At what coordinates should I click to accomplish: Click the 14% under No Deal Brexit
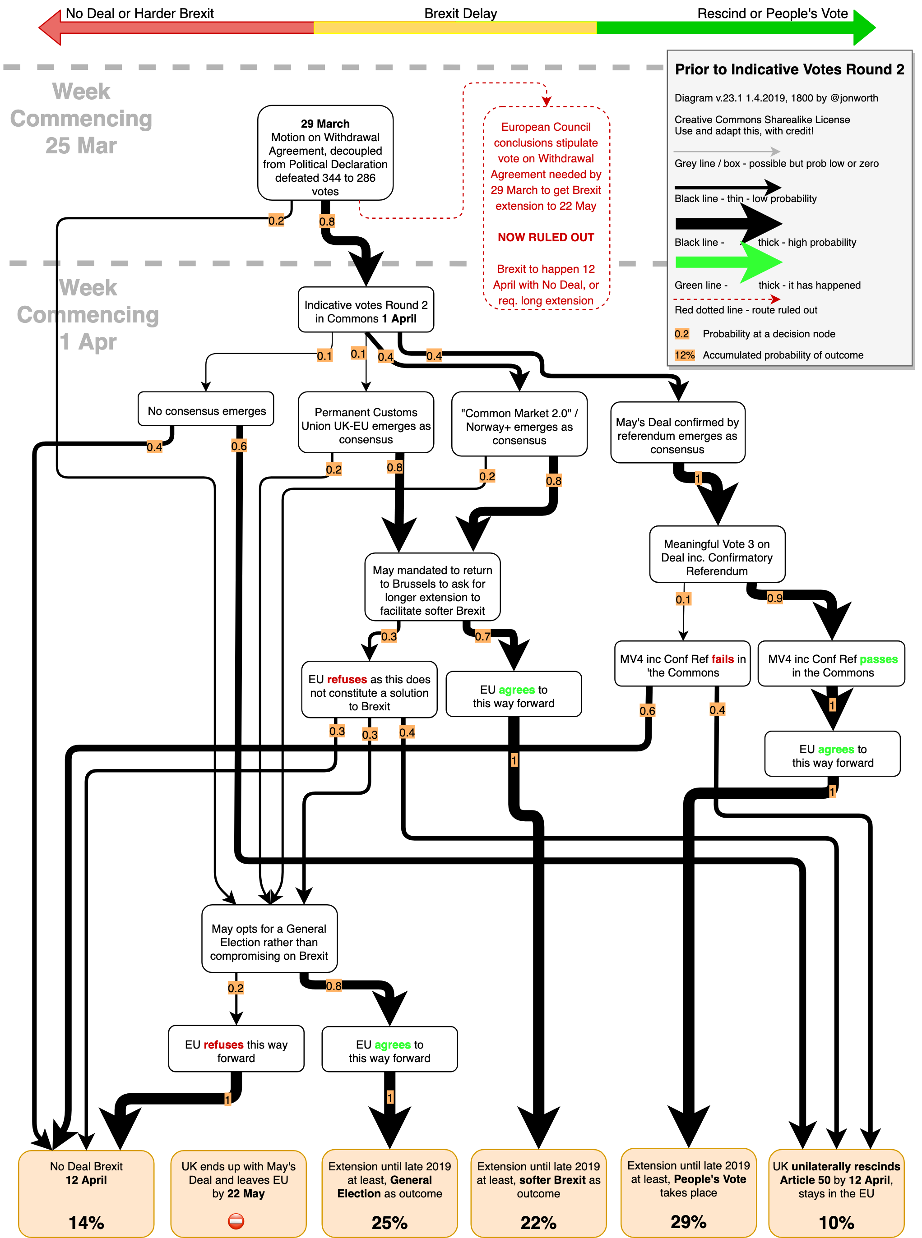(86, 1222)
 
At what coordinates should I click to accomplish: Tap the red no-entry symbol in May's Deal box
(236, 1221)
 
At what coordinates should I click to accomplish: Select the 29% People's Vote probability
(688, 1221)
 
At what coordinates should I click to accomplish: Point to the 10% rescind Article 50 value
(836, 1222)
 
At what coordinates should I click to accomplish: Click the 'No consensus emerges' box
(206, 411)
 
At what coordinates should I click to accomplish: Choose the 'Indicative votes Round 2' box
(366, 311)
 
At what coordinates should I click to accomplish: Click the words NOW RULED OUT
(545, 238)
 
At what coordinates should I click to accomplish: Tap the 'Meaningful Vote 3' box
(717, 557)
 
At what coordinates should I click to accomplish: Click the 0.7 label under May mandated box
(483, 636)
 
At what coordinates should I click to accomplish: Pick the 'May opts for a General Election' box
(269, 941)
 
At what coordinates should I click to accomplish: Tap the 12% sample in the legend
(684, 355)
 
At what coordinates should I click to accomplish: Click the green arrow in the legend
(728, 262)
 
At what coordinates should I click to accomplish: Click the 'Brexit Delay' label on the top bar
(460, 14)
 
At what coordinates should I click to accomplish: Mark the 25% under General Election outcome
(389, 1222)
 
